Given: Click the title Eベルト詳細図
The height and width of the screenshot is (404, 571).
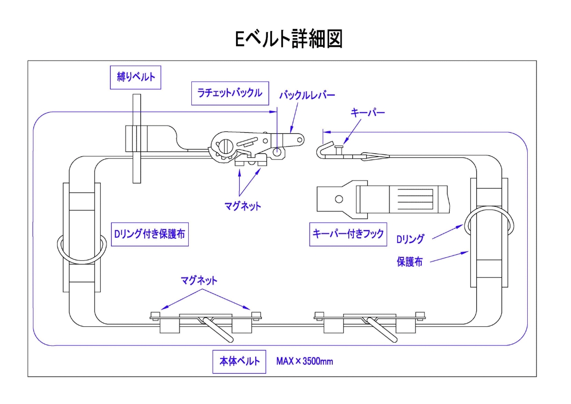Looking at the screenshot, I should point(289,39).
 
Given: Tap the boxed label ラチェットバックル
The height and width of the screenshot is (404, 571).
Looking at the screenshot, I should point(229,93).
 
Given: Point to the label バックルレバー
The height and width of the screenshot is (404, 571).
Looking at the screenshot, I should point(307,95).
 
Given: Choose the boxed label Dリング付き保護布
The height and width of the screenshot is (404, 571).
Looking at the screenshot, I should point(149,234).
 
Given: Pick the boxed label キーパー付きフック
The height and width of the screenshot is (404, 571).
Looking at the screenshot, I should point(348,234).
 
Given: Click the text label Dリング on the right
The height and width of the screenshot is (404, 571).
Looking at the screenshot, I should point(410,239).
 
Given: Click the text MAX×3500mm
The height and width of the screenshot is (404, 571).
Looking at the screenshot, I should point(305,361).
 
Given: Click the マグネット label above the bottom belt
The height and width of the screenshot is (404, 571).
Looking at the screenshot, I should point(199,280).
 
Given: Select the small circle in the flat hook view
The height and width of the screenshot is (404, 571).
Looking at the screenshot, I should point(338,199).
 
